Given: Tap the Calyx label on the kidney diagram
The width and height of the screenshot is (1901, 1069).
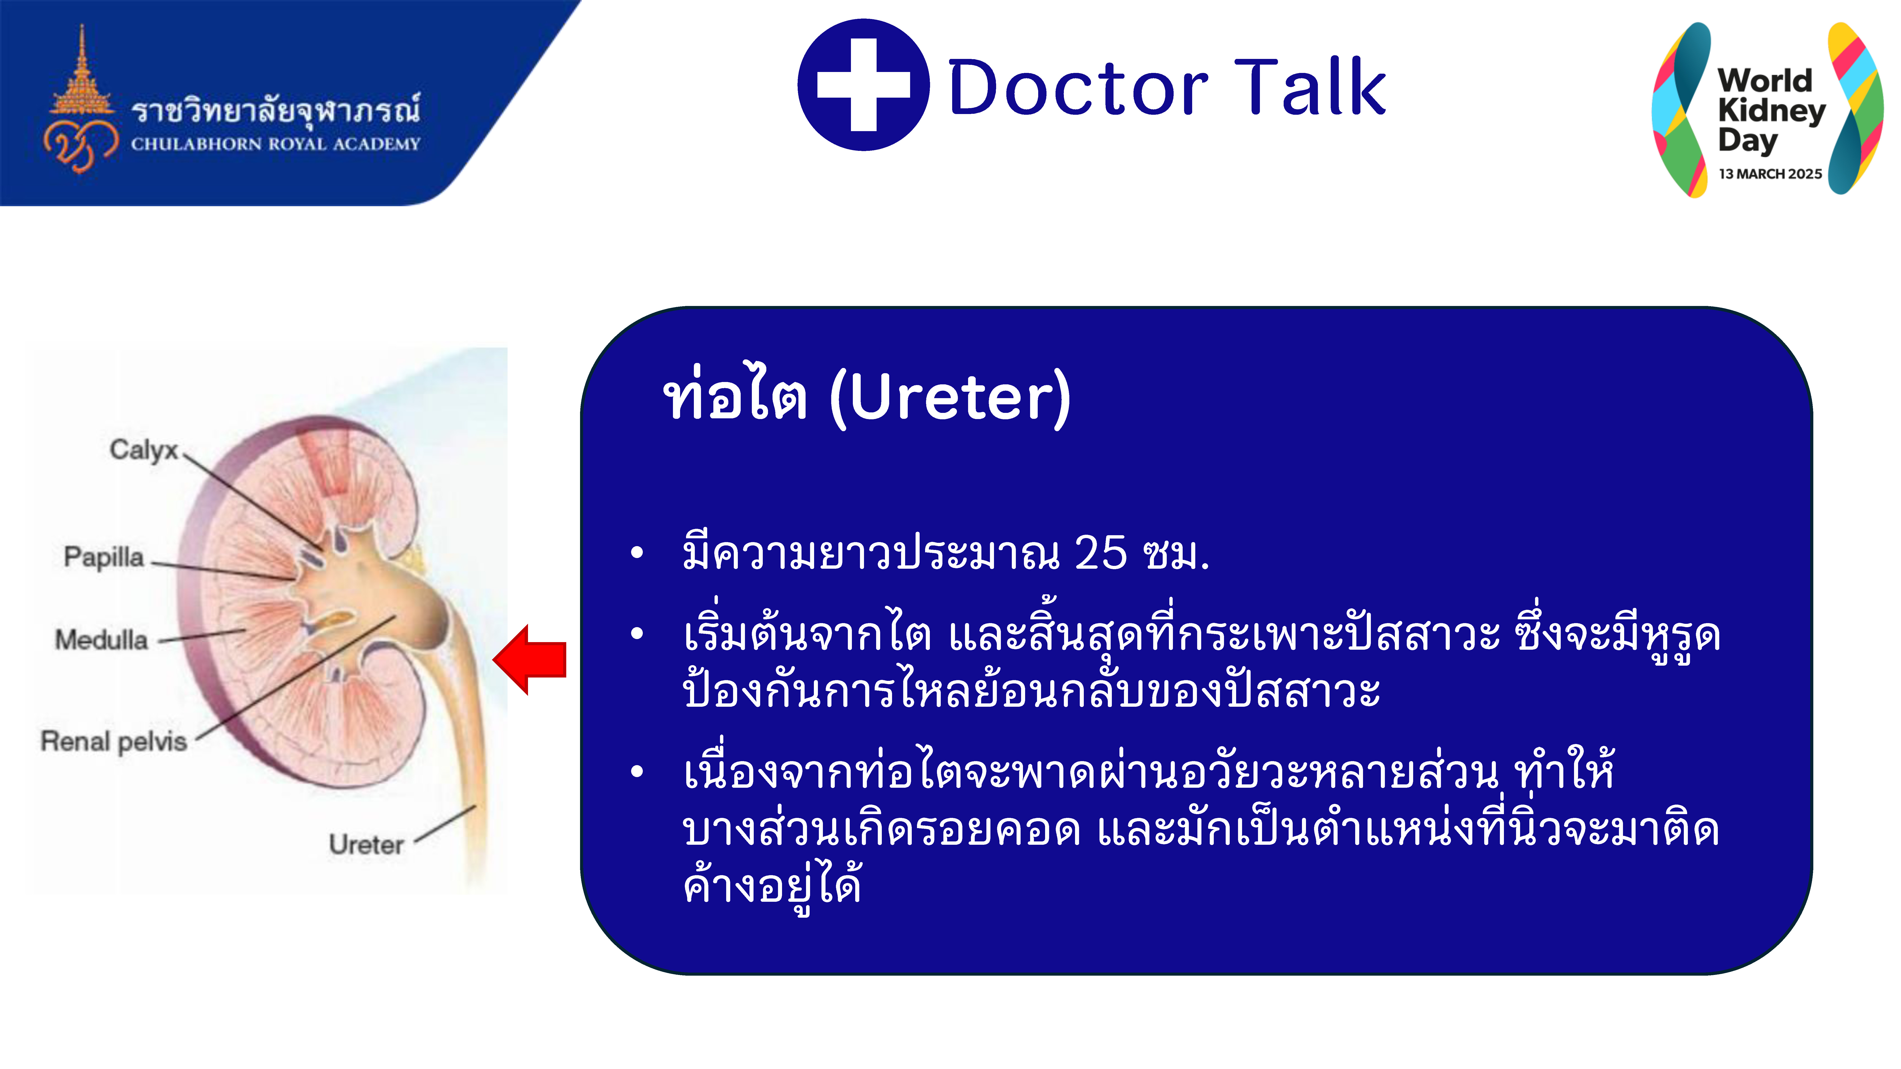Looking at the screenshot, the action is pyautogui.click(x=144, y=449).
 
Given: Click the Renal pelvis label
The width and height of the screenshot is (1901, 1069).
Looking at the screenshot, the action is pyautogui.click(x=114, y=741).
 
